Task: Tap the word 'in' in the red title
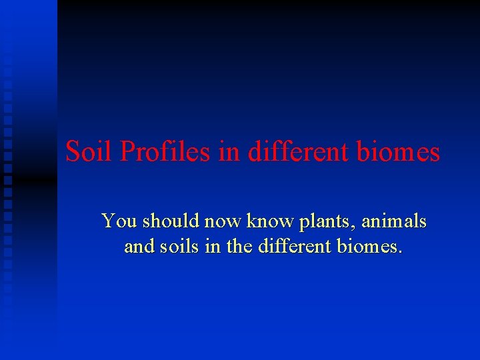coord(230,152)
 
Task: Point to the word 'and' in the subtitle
coord(139,247)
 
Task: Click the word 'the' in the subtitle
coord(240,247)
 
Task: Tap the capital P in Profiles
coord(128,152)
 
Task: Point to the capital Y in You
coord(108,221)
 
